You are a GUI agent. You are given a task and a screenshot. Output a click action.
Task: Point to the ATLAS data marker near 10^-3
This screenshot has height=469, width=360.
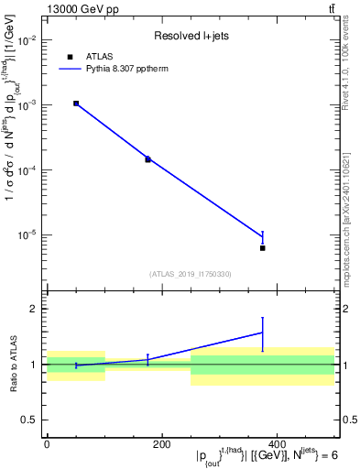[x=76, y=104]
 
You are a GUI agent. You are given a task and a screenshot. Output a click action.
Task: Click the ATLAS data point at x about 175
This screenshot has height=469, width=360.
[x=147, y=159]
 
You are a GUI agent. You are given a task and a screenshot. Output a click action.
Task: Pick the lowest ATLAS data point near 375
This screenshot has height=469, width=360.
[x=263, y=248]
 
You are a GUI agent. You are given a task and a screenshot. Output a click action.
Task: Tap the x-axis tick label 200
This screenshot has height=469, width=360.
[x=161, y=443]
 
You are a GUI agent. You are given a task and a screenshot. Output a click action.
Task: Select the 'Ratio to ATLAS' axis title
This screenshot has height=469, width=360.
[x=12, y=364]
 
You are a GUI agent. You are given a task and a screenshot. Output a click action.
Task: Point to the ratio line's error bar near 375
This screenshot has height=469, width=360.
[x=263, y=333]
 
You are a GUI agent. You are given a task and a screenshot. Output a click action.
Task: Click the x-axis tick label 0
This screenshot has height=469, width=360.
[x=47, y=443]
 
